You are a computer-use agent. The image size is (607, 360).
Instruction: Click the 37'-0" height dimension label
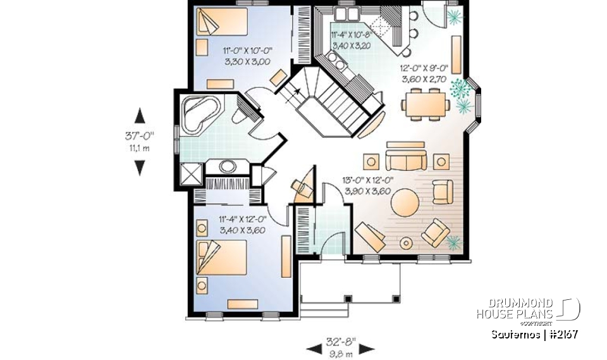tap(140, 136)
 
